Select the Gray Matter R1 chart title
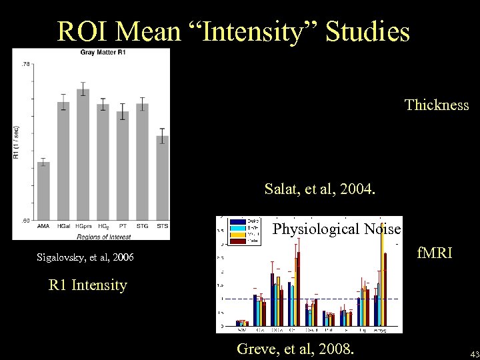tap(105, 52)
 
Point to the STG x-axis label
tap(142, 227)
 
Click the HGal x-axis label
tap(64, 227)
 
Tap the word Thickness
tap(437, 105)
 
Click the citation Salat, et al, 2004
tap(320, 189)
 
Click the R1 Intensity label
tap(87, 285)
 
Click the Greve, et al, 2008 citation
tap(296, 348)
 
